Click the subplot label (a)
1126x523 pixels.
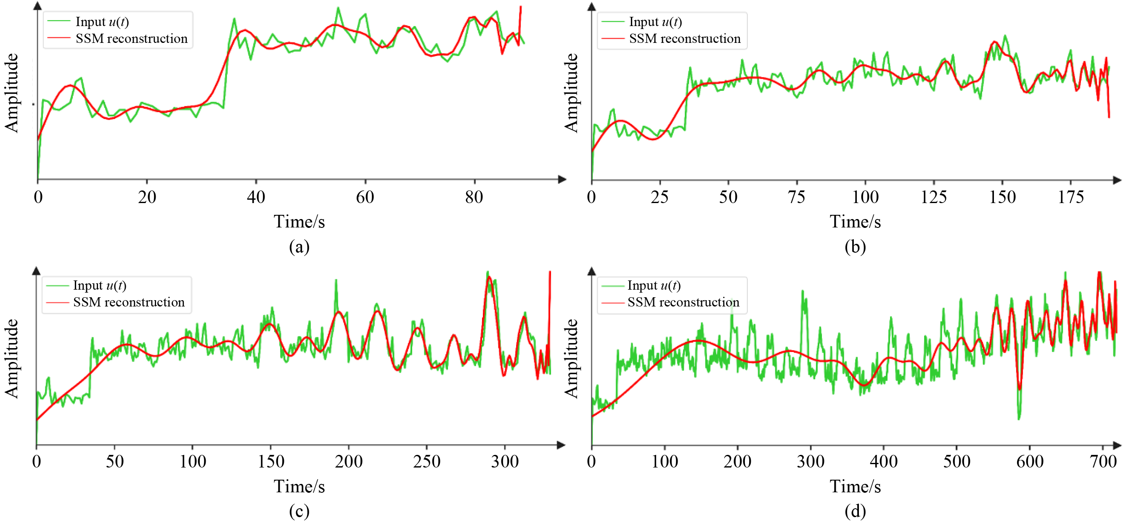(299, 247)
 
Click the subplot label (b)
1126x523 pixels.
(855, 247)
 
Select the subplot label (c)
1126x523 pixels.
(299, 511)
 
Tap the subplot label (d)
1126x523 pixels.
(855, 511)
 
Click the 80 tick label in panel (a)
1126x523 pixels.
(474, 198)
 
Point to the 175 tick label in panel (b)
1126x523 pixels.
(1070, 198)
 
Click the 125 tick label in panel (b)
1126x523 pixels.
(934, 198)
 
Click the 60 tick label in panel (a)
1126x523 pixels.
(365, 198)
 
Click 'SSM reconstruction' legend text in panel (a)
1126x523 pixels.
(132, 39)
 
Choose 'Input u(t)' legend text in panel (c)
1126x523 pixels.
(100, 286)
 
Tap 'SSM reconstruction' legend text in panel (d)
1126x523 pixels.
(683, 302)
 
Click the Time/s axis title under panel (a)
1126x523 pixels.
(299, 222)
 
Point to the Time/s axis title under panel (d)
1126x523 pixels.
(855, 487)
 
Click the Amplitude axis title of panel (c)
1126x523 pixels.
(12, 358)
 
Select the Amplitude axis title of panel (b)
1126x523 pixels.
(571, 92)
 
